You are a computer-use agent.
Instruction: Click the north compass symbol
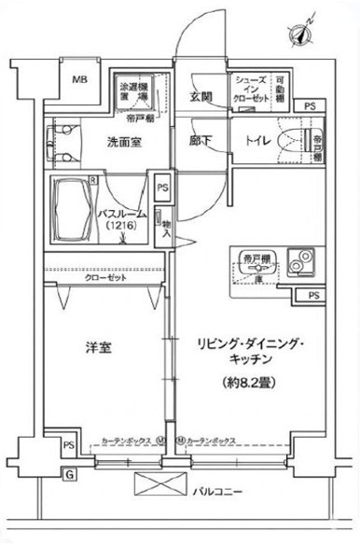tap(301, 35)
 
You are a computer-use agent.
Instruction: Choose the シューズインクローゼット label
tap(253, 89)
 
